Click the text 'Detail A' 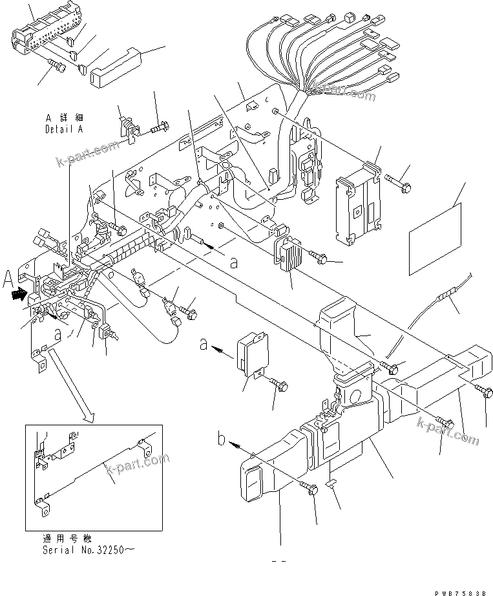pos(64,129)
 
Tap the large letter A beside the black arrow pos(8,280)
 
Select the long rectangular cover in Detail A pos(114,65)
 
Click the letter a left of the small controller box pos(204,346)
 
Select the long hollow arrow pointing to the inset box pos(71,384)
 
